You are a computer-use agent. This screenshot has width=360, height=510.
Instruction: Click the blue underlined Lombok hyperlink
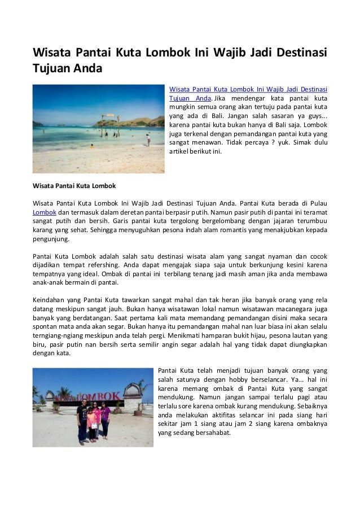coord(43,211)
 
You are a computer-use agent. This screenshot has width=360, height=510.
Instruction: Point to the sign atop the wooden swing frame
coord(111,117)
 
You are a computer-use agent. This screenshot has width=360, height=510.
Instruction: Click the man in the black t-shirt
coord(83,418)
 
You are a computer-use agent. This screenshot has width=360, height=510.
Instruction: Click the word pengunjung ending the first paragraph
coord(51,239)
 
